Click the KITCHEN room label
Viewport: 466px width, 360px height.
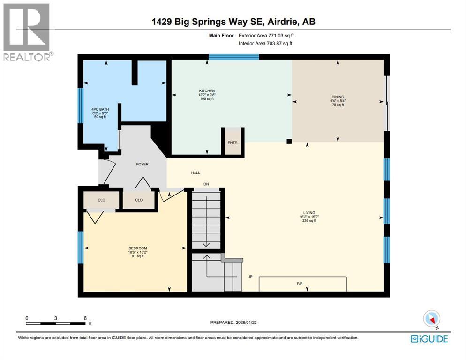207,90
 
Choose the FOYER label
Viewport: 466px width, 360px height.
142,164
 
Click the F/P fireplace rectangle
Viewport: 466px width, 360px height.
302,284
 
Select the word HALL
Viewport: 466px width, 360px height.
195,173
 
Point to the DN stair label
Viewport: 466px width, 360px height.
206,184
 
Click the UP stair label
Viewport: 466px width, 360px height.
250,277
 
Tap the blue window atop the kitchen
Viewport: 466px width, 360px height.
234,57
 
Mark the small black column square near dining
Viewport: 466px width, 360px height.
289,141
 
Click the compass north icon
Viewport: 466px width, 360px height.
431,319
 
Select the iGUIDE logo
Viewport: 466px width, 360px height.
428,338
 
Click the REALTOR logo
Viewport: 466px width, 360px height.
27,31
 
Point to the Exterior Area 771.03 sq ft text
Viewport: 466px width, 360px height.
266,35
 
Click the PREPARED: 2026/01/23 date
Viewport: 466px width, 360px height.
233,322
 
